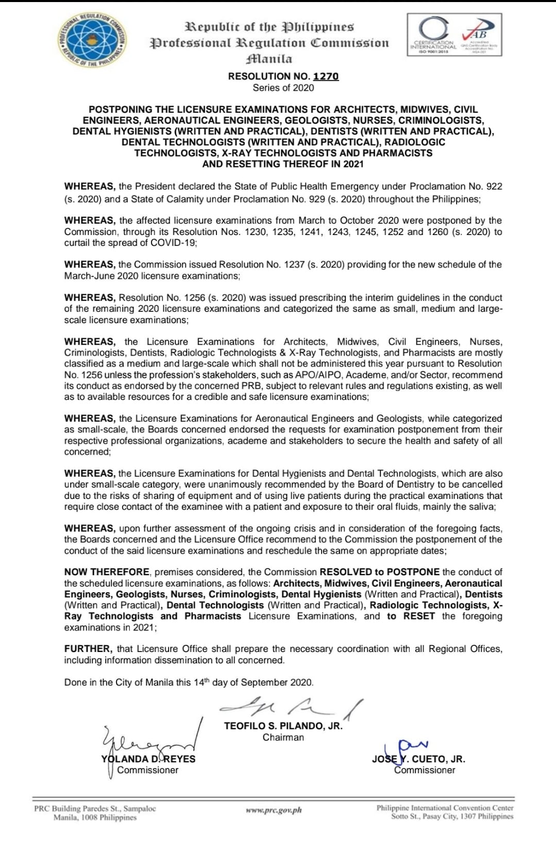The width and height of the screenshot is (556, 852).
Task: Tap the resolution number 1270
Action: click(x=326, y=76)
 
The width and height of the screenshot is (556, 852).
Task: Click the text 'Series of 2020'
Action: click(x=283, y=88)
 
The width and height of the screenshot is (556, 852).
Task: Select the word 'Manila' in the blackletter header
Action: click(x=269, y=59)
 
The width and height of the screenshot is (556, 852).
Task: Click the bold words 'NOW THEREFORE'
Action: click(x=107, y=572)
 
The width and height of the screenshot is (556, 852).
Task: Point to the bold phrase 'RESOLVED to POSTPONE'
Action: click(x=380, y=572)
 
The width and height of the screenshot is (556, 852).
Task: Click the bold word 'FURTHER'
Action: click(x=88, y=649)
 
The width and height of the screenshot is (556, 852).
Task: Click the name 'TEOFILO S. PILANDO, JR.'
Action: click(x=283, y=726)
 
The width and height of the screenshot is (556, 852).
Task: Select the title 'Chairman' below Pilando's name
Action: click(x=283, y=738)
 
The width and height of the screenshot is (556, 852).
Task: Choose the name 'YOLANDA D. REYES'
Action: click(x=148, y=759)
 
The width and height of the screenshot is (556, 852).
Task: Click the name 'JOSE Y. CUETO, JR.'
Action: click(x=418, y=759)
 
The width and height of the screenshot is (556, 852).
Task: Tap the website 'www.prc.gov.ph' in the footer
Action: click(x=274, y=811)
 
